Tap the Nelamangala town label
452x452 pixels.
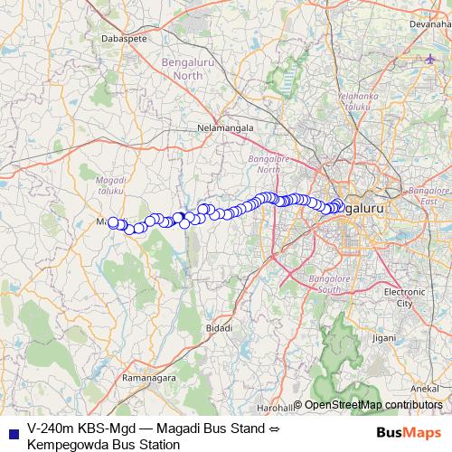point(225,129)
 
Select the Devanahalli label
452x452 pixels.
point(429,24)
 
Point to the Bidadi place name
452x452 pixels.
point(219,326)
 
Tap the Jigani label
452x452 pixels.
point(384,338)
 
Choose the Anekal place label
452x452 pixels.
point(425,387)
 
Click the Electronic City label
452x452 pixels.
point(404,297)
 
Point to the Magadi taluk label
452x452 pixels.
point(110,186)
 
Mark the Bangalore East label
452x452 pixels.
point(428,196)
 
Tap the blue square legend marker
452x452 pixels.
point(13,434)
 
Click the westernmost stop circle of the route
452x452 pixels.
point(114,222)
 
